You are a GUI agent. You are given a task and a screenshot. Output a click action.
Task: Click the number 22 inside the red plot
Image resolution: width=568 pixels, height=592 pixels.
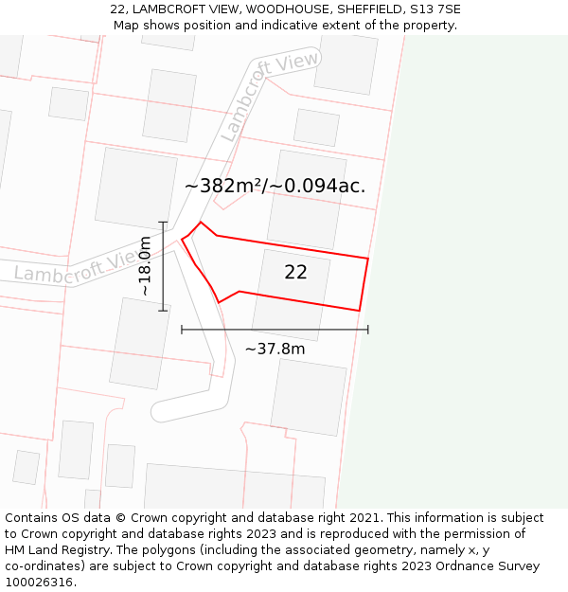[295, 272]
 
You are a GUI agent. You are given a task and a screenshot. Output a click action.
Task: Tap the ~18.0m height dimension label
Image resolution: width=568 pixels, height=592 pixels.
[145, 266]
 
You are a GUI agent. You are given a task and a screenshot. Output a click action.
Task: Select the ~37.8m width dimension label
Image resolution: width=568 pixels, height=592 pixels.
[275, 349]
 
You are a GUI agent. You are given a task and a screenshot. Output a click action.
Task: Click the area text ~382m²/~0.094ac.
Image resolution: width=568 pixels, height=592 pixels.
[275, 186]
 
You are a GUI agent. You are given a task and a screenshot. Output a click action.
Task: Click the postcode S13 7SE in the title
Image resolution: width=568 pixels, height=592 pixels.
[435, 9]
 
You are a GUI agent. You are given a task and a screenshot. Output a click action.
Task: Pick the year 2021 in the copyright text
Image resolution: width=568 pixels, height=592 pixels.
[364, 518]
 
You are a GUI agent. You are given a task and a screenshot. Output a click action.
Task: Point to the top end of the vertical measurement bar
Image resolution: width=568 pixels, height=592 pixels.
[163, 223]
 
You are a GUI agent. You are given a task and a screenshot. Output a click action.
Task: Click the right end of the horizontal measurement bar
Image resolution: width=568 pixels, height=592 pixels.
[368, 330]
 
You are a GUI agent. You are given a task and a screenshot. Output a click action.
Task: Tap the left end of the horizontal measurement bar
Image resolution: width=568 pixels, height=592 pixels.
[182, 330]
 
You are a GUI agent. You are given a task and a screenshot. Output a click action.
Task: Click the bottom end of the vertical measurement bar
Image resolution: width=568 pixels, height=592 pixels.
[163, 311]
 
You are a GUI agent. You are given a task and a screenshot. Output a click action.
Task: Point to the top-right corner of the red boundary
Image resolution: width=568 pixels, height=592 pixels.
[367, 258]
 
